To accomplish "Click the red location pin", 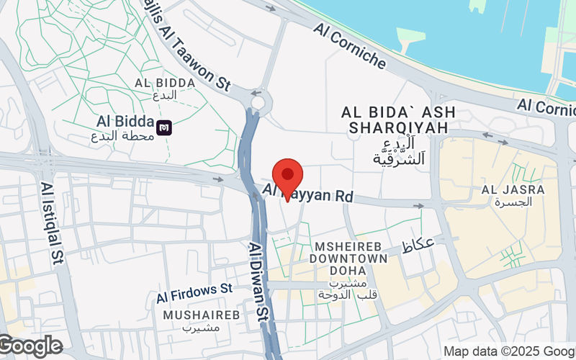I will point(288,176).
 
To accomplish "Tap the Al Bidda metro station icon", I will point(164,128).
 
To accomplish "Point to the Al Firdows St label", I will point(195,293).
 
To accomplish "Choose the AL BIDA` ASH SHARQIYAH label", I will point(395,120).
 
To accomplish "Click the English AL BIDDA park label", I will point(165,83).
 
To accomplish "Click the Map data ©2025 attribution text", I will point(508,351).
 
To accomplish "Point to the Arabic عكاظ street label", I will point(418,244).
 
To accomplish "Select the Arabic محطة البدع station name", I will point(125,135).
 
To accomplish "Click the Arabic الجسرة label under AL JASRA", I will point(513,202).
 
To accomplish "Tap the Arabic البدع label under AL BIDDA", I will point(165,95).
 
